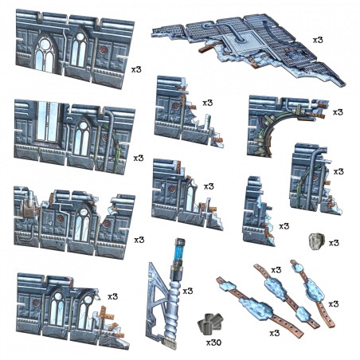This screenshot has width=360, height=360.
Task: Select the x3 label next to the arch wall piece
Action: tap(338, 112)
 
